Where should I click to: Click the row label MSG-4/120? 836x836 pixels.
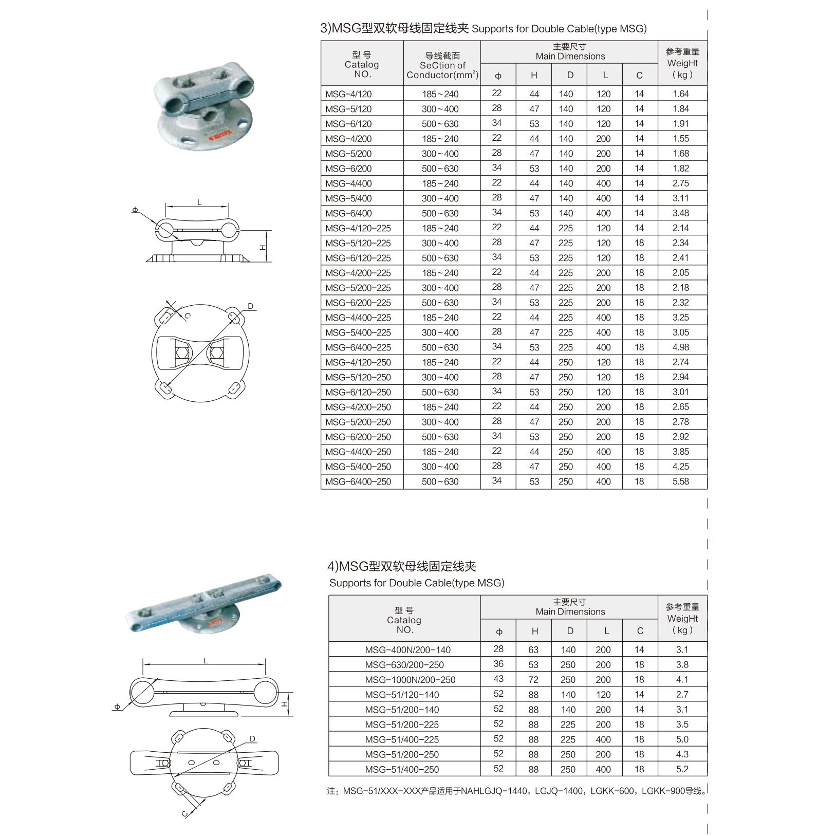348,94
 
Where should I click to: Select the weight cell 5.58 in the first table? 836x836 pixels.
680,481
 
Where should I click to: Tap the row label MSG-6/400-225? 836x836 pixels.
358,347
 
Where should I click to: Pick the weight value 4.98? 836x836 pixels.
680,347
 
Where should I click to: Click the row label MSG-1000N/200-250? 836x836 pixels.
410,680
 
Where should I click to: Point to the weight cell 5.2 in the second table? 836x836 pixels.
682,769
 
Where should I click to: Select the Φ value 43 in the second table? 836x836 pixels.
498,679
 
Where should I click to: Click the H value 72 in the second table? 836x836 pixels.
533,680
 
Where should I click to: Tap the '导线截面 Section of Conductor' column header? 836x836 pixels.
442,65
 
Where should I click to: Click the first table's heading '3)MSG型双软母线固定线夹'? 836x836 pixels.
394,28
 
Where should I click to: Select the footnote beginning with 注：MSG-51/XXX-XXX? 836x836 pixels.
516,791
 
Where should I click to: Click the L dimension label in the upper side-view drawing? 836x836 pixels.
199,202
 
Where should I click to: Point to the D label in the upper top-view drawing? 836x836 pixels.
250,306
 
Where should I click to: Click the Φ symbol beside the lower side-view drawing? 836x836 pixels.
117,707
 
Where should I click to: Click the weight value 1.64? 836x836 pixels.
680,94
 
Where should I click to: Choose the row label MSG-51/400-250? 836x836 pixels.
402,769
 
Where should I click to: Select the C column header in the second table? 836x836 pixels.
640,631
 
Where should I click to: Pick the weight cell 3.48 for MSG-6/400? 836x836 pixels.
680,213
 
